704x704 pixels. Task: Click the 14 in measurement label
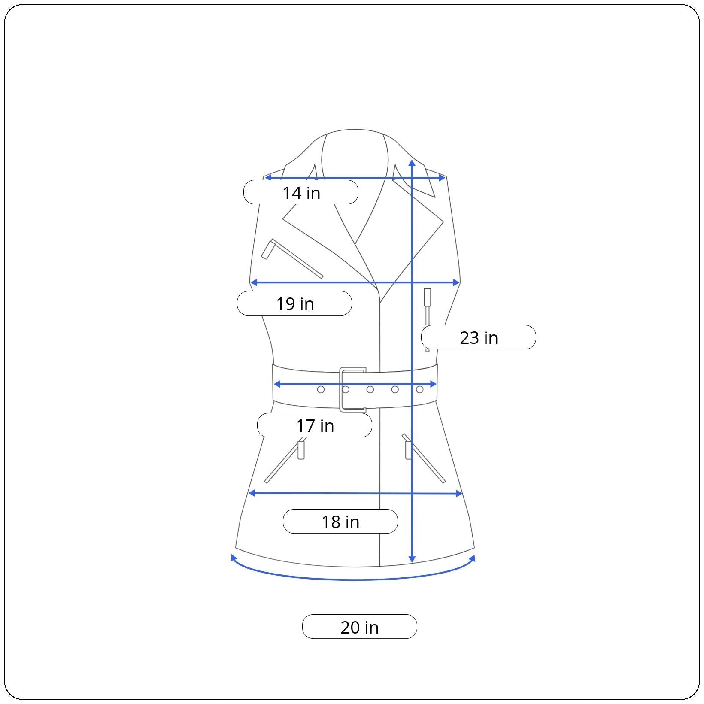click(x=301, y=193)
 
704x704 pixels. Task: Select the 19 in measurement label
click(x=294, y=303)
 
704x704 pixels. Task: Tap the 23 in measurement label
click(x=479, y=337)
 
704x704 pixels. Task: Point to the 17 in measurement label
click(x=315, y=425)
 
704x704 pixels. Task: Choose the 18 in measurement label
click(x=340, y=522)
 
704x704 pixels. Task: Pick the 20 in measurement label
click(x=360, y=627)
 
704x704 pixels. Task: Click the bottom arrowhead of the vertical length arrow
click(x=412, y=559)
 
